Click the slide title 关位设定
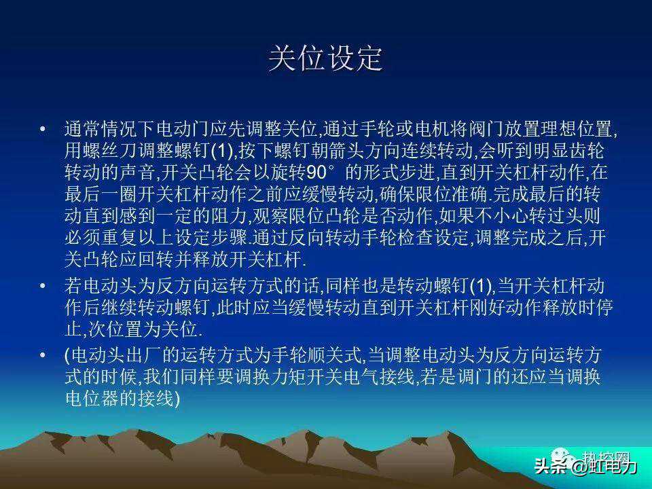[325, 58]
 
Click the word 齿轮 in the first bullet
[586, 150]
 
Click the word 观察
[271, 215]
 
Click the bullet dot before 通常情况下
[42, 129]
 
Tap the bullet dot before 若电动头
[42, 286]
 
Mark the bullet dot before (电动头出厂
[42, 355]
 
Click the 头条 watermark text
[549, 466]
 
